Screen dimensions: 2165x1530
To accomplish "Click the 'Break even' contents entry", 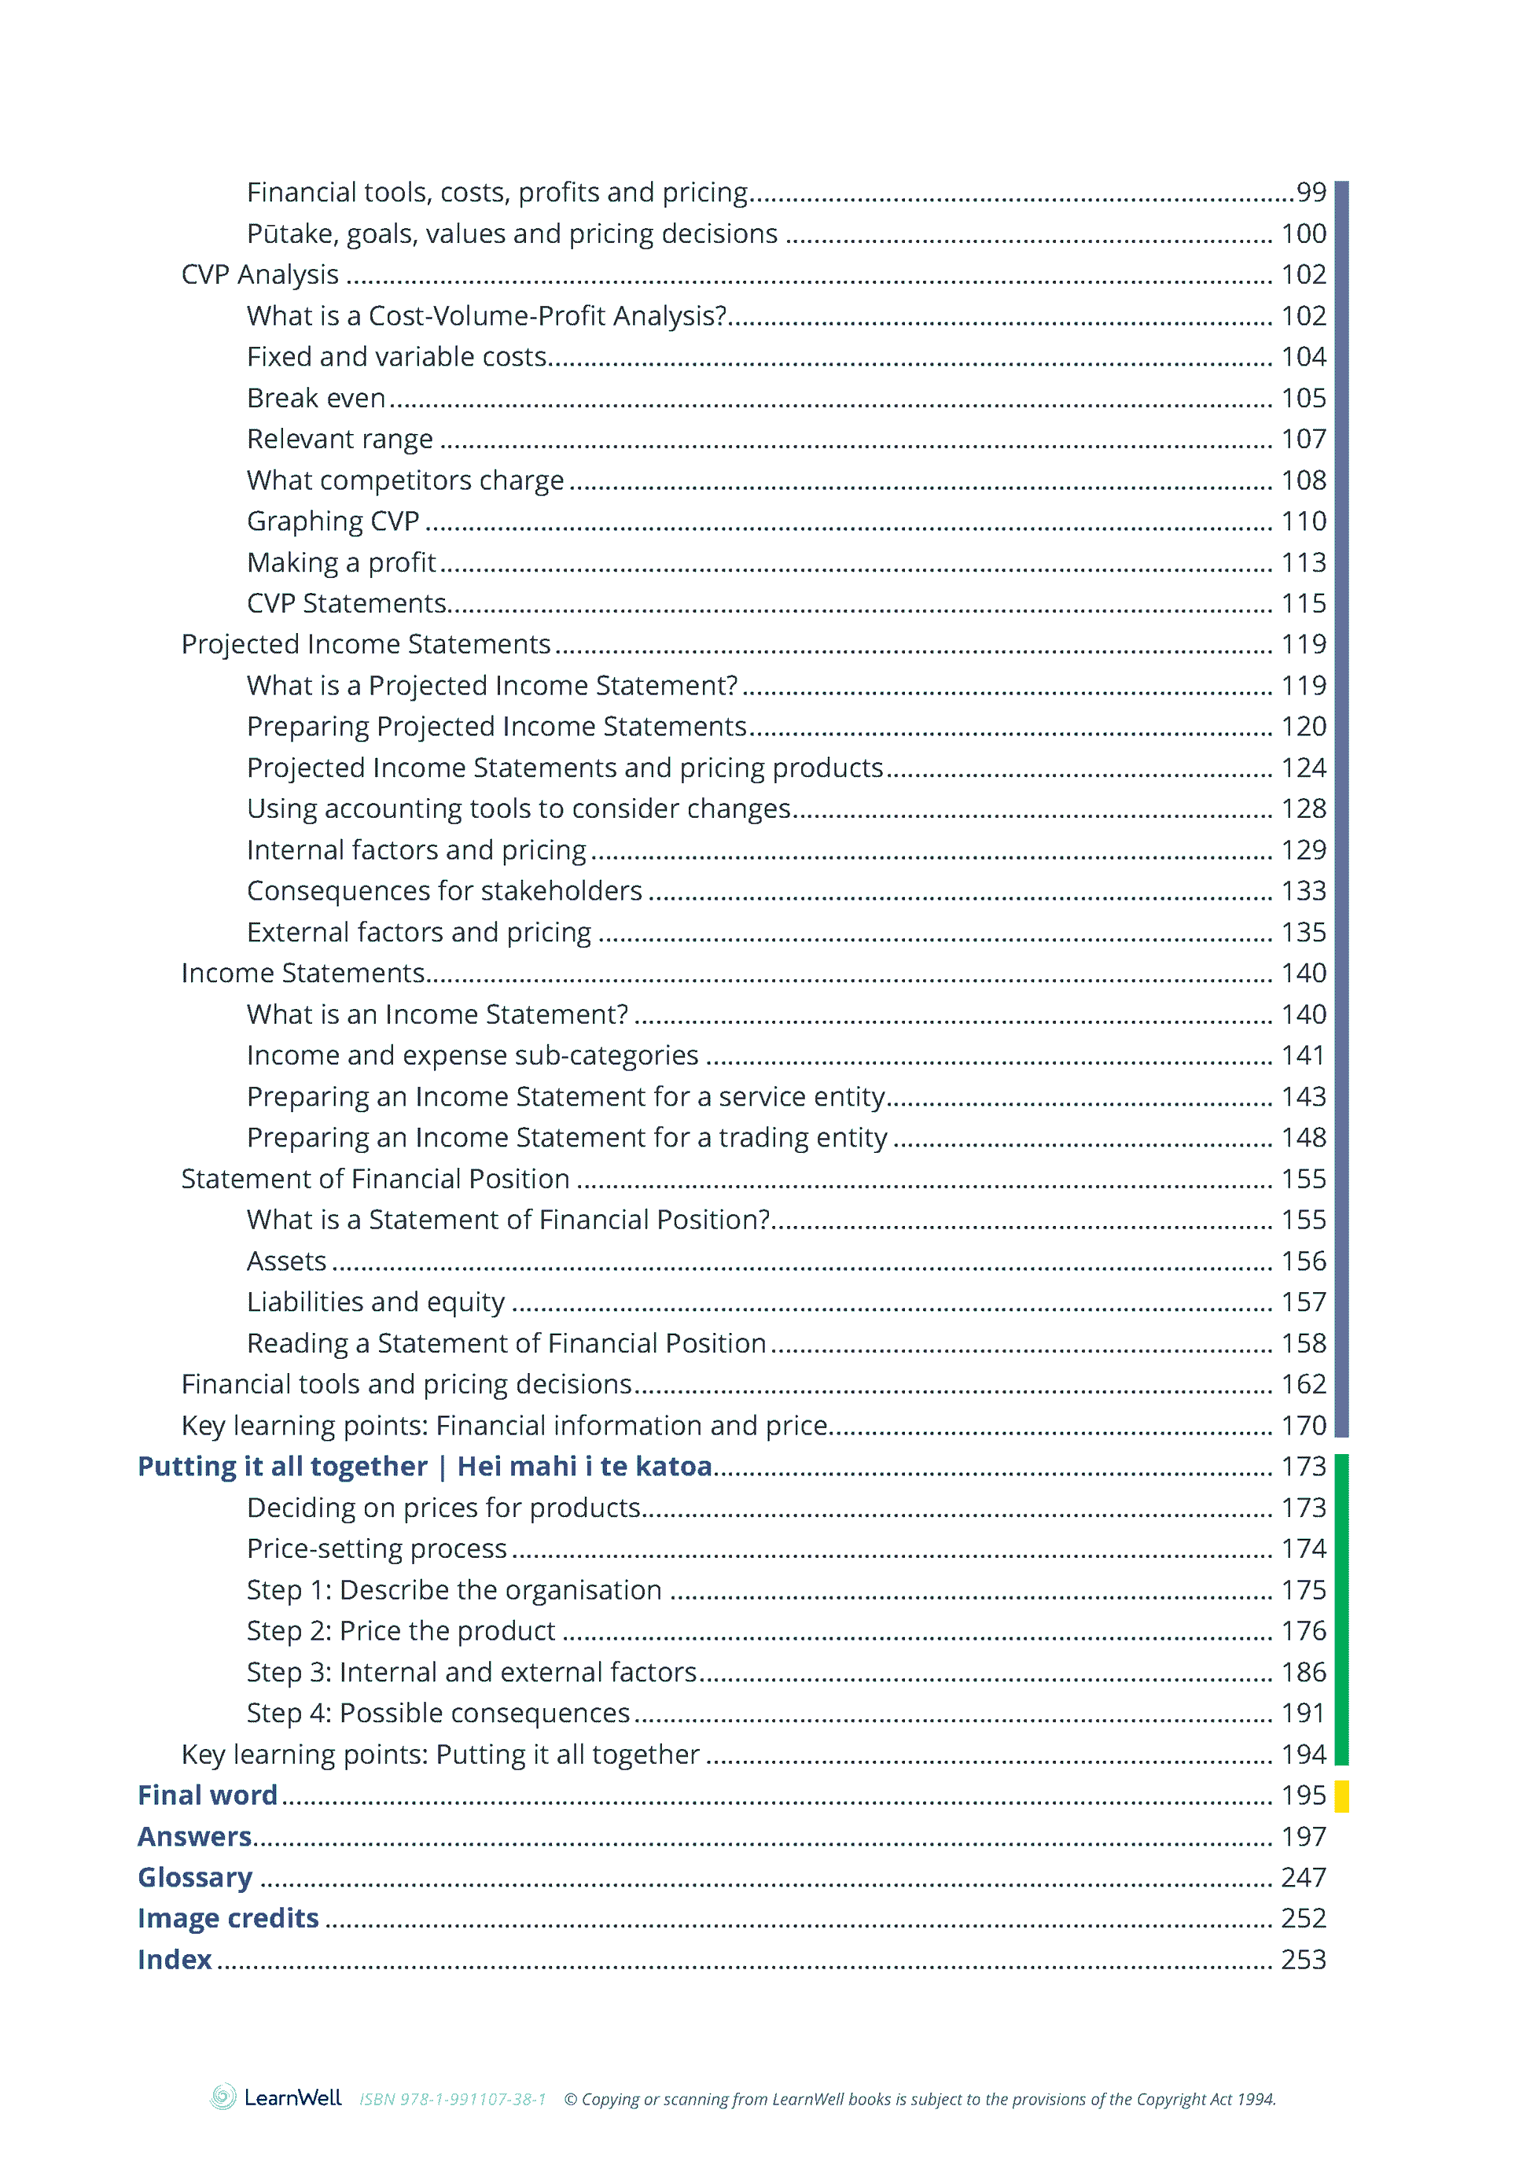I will click(316, 398).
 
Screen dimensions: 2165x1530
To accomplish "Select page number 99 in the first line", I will click(1311, 193).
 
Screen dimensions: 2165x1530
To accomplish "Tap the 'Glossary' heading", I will click(195, 1877).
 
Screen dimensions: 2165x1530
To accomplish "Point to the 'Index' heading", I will click(175, 1960).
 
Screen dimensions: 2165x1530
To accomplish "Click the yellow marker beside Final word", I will click(1341, 1795).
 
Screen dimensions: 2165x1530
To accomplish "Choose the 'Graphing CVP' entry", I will click(333, 521).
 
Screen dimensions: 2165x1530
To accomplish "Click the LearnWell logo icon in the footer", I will click(223, 2097).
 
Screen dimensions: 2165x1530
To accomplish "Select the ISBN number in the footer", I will click(453, 2099).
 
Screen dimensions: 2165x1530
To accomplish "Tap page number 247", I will click(1303, 1877).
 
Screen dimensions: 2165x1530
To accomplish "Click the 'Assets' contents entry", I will click(287, 1261).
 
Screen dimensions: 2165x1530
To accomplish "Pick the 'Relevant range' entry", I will click(340, 440).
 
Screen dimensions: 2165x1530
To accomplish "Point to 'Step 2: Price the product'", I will click(401, 1630).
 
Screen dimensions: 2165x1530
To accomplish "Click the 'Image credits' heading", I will click(228, 1918).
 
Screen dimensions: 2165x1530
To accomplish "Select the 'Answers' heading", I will click(194, 1836).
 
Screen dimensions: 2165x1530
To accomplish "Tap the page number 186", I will click(1303, 1672).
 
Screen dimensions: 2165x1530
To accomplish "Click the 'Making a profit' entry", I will click(341, 563).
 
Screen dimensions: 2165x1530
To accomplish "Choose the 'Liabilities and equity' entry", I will click(375, 1302).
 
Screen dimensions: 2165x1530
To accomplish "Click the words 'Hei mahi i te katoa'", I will click(584, 1467).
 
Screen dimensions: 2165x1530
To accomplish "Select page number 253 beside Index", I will click(1303, 1960).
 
